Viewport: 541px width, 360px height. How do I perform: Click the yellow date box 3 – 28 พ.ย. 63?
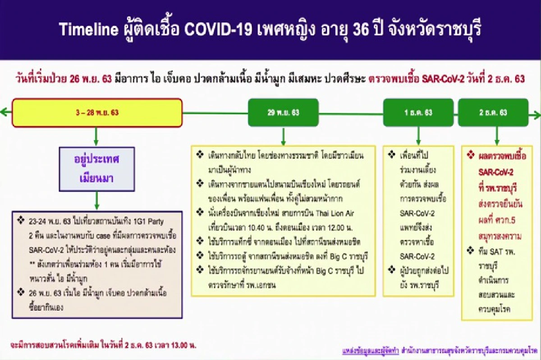point(97,113)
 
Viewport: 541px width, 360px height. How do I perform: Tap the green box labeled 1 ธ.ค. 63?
point(418,113)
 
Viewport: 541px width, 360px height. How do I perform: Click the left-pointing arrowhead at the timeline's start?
point(4,113)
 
